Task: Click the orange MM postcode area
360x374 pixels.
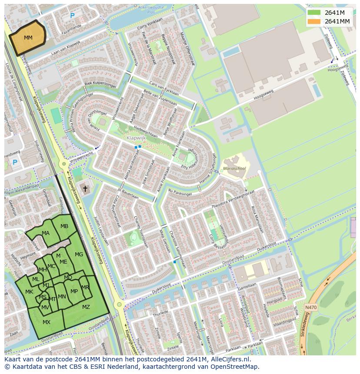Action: click(x=28, y=38)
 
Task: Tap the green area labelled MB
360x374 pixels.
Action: click(x=64, y=226)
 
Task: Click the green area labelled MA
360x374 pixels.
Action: click(x=46, y=233)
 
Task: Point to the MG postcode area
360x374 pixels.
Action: click(x=79, y=255)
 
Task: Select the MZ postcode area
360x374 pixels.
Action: click(x=86, y=307)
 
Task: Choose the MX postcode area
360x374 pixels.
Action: click(x=47, y=322)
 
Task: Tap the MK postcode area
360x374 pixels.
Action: click(x=29, y=292)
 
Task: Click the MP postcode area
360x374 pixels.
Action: click(x=74, y=291)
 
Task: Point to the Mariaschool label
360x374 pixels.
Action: click(x=234, y=168)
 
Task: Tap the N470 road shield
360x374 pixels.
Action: click(x=310, y=307)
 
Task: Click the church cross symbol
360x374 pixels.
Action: click(x=85, y=189)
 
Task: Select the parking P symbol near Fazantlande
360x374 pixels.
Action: click(x=72, y=16)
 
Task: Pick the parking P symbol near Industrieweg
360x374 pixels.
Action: click(x=15, y=163)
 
